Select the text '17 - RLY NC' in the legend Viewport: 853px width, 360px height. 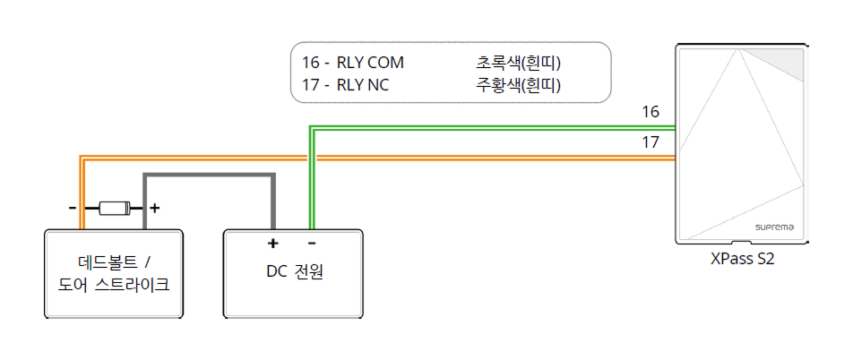345,85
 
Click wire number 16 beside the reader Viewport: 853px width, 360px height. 651,112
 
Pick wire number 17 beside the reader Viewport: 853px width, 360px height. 651,141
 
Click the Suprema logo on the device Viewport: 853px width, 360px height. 775,227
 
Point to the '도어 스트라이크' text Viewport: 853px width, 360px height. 114,285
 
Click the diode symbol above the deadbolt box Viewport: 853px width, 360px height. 114,208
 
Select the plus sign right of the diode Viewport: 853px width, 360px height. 154,208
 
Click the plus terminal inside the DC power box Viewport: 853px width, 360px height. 272,243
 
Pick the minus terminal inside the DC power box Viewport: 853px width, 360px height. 311,243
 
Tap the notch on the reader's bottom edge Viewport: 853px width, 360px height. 741,242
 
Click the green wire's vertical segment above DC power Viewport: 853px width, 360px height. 311,179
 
